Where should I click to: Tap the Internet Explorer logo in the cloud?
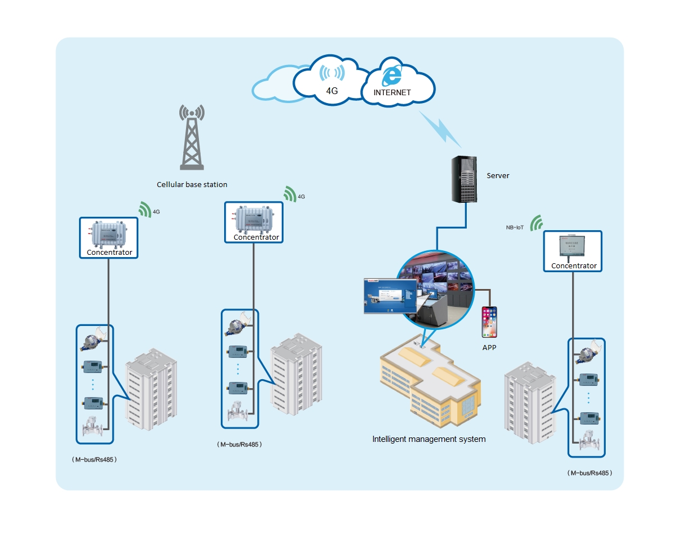click(392, 76)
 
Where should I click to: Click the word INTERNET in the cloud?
click(392, 92)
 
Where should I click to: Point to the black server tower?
click(465, 179)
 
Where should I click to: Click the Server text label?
click(498, 176)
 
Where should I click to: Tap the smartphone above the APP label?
click(489, 322)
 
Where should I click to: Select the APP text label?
click(489, 348)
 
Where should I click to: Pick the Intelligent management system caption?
click(429, 439)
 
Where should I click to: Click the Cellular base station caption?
click(192, 184)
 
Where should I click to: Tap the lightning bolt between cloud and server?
click(440, 126)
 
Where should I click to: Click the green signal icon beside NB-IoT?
click(537, 223)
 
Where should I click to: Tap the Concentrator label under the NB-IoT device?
click(574, 266)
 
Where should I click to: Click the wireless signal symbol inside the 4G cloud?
click(332, 73)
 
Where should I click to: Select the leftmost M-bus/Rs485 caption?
click(94, 459)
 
